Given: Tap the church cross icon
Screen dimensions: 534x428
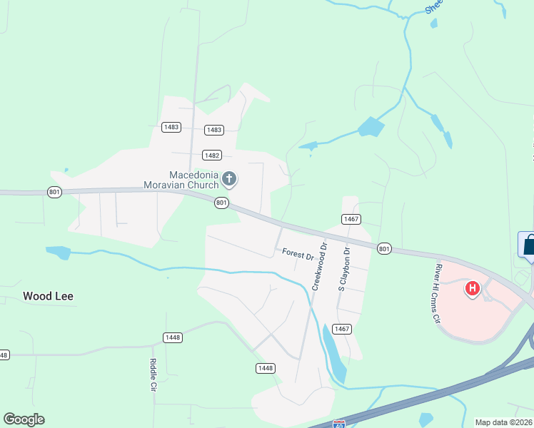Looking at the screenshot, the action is point(229,178).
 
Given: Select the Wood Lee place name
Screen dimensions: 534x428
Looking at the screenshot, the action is point(48,296).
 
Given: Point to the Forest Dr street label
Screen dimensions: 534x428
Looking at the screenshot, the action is point(298,253).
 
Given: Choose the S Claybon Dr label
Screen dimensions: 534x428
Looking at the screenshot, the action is point(344,269).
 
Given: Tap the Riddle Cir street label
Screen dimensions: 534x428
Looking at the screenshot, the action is point(153,375).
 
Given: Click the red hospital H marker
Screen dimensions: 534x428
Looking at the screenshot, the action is point(472,289).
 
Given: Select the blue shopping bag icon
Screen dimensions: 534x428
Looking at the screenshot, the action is point(529,245).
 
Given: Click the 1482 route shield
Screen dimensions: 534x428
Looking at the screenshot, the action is point(212,155).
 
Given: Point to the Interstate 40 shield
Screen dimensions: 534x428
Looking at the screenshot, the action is point(340,424).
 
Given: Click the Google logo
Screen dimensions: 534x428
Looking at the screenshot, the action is point(24,419).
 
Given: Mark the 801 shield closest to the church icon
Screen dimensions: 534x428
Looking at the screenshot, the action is point(221,203).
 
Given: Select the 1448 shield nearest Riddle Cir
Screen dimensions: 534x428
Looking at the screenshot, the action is point(172,337).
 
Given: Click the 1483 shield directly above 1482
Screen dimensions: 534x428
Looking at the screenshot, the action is point(213,130).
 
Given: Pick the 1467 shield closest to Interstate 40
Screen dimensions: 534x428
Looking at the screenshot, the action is point(342,329).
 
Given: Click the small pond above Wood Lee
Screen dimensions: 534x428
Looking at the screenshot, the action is point(58,252).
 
